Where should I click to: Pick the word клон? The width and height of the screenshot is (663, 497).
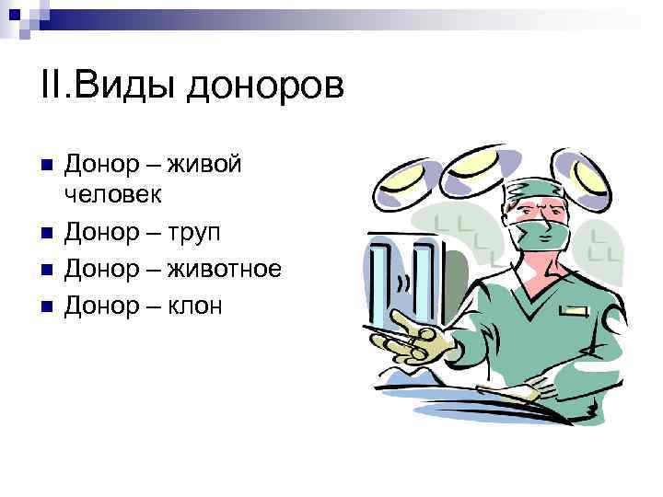point(195,305)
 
